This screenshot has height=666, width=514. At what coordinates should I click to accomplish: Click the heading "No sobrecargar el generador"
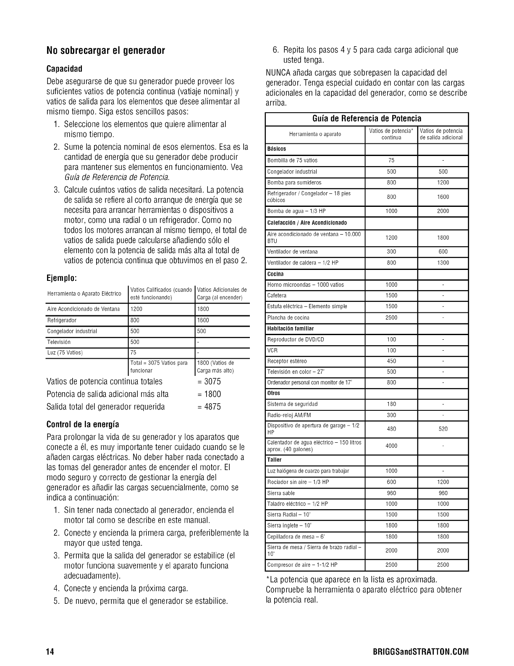tap(105, 51)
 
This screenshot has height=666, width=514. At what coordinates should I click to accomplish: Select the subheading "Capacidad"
tap(64, 69)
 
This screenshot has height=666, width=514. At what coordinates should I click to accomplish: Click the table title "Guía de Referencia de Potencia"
tap(367, 119)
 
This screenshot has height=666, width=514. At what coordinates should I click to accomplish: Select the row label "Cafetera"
tap(277, 296)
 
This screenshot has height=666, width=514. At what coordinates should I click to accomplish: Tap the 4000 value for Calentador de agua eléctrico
tap(391, 446)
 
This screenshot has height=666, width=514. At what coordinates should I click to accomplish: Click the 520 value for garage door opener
tap(443, 429)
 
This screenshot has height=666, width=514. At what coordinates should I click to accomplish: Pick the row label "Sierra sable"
tap(281, 493)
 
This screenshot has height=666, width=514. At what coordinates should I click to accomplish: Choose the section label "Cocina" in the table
tap(275, 274)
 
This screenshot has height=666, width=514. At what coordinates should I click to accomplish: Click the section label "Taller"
tap(274, 460)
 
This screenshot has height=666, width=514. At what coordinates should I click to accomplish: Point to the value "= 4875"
tap(209, 407)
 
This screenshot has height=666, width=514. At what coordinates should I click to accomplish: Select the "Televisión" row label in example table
tap(59, 342)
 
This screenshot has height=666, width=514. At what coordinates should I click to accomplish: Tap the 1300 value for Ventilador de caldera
tap(443, 263)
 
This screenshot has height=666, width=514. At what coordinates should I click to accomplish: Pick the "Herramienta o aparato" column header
tap(315, 134)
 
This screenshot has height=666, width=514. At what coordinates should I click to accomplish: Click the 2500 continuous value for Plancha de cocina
tap(391, 318)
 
